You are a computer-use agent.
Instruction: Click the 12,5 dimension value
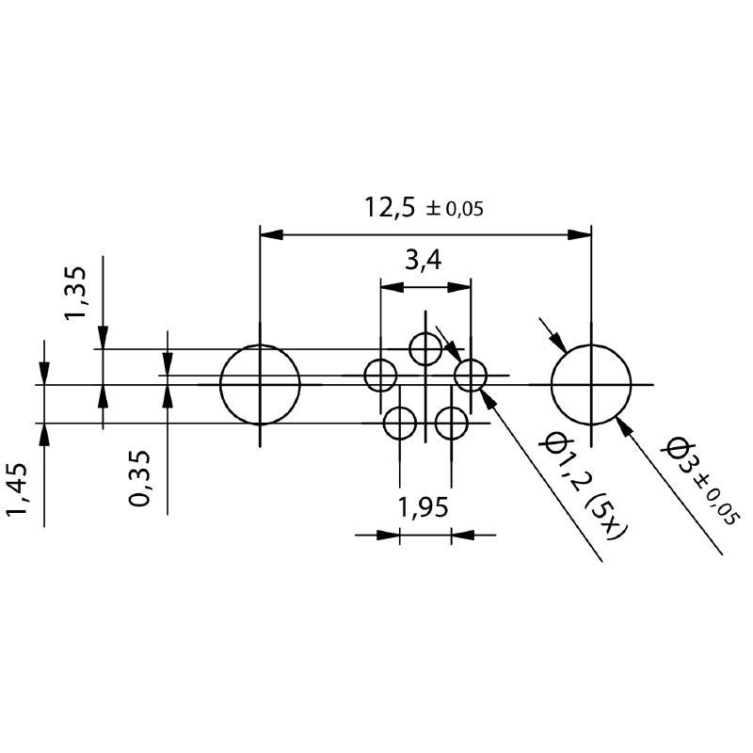coord(390,207)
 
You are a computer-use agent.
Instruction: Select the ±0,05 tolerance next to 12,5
coord(456,209)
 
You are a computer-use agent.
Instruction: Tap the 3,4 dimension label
coord(424,261)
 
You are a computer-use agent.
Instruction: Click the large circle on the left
coord(260,385)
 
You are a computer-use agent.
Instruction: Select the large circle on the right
coord(591,385)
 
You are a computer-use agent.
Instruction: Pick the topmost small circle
coord(425,349)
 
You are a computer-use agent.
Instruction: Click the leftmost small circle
coord(381,376)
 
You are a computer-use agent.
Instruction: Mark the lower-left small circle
coord(400,424)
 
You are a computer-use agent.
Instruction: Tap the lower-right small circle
coord(452,424)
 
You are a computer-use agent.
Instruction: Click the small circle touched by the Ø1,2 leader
coord(471,376)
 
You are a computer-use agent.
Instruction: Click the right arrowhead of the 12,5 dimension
coord(581,234)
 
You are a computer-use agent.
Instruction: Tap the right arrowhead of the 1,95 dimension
coord(462,536)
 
